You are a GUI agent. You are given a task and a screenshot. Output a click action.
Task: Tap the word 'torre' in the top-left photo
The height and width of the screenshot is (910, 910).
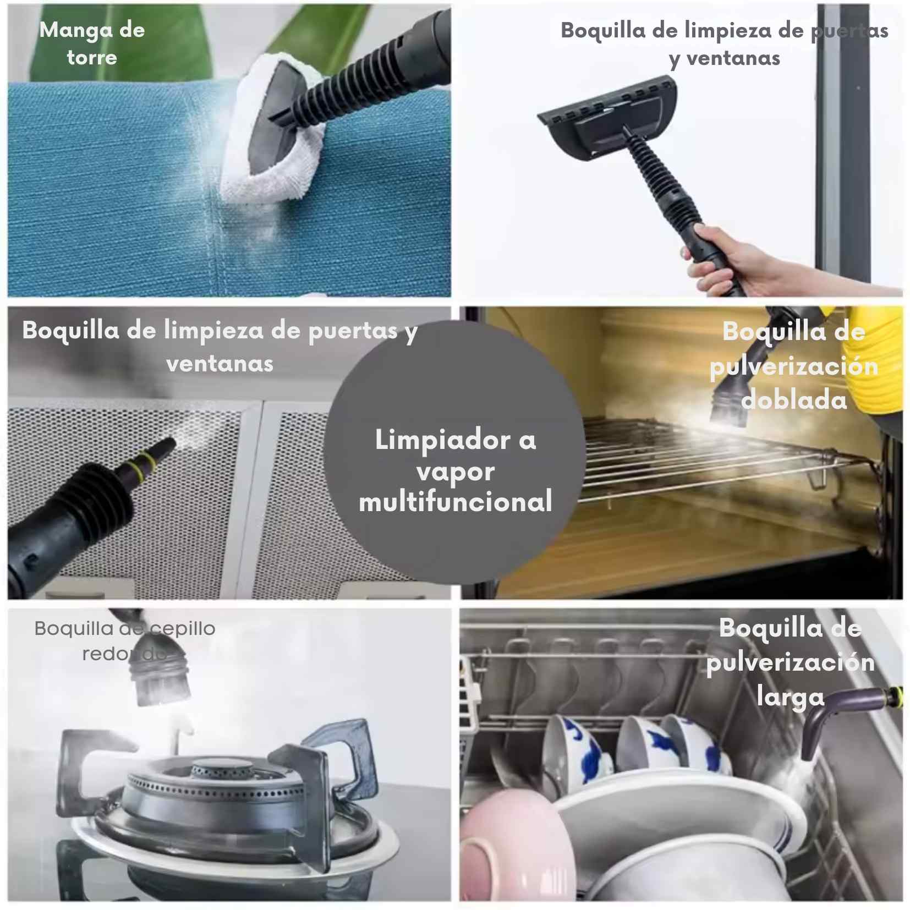tap(92, 57)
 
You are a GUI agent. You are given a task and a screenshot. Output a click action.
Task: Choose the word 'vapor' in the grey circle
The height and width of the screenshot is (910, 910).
tap(456, 472)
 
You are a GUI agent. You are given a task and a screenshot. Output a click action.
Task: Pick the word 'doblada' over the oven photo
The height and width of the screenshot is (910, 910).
tap(794, 399)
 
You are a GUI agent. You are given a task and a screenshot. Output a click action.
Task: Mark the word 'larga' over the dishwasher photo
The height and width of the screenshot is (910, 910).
tap(791, 697)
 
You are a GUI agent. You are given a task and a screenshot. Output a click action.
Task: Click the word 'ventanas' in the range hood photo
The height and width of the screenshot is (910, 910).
tap(220, 364)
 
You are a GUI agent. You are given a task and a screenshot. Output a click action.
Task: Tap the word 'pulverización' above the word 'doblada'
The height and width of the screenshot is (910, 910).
tap(794, 366)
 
